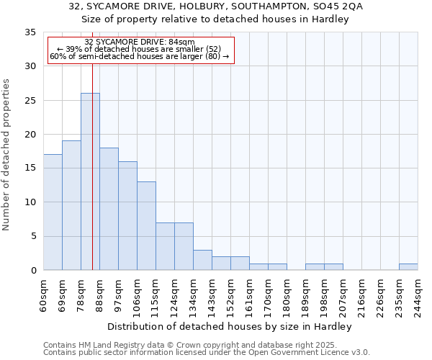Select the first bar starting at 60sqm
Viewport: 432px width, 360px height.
point(53,212)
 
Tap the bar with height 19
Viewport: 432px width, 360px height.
point(71,205)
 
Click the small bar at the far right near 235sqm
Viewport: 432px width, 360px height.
point(408,267)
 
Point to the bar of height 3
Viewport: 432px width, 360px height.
point(202,260)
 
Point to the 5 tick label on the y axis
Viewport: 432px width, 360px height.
point(32,236)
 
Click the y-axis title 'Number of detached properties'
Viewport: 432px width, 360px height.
point(7,154)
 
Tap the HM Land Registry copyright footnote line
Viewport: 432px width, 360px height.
point(189,346)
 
